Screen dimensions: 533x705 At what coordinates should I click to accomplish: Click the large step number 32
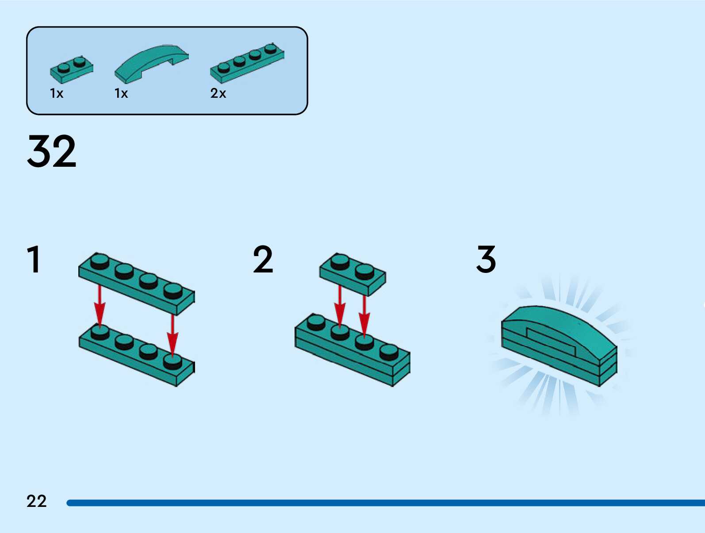click(x=51, y=151)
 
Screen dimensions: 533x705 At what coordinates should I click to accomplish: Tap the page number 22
click(x=36, y=501)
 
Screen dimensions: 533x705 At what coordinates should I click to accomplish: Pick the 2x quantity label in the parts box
click(x=218, y=93)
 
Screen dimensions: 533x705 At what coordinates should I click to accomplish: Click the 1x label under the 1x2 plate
click(x=57, y=93)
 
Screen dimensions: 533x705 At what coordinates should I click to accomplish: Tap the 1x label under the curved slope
click(x=121, y=93)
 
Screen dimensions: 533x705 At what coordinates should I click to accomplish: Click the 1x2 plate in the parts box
click(x=71, y=70)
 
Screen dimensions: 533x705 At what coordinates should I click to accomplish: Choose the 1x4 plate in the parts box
click(x=247, y=63)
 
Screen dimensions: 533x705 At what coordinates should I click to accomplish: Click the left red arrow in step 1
click(x=100, y=305)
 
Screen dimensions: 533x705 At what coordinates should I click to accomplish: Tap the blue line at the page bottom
click(x=385, y=503)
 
